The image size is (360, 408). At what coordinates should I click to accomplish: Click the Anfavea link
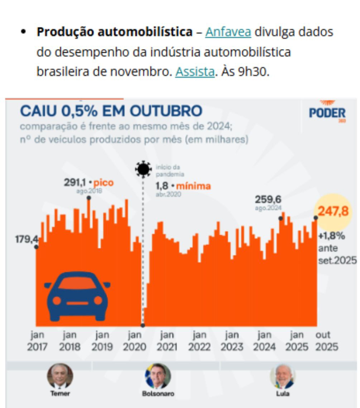(228, 32)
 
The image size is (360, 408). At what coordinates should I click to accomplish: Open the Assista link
(195, 72)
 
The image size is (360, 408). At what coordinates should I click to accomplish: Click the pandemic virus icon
(143, 169)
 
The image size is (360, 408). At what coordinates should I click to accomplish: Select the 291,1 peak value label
(75, 183)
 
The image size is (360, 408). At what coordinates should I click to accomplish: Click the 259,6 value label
(268, 199)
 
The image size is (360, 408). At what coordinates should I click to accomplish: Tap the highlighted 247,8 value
(333, 211)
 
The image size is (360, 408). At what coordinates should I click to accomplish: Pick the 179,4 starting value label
(26, 239)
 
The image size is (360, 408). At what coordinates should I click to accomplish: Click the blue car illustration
(77, 296)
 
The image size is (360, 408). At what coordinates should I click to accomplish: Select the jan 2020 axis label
(134, 341)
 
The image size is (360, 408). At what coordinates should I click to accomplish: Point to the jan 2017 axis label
(37, 341)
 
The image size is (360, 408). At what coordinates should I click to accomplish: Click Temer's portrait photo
(60, 376)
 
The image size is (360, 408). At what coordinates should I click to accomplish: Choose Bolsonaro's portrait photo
(158, 376)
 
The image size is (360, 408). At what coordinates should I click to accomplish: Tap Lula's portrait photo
(283, 376)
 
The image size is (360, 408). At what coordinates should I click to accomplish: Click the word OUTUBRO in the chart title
(166, 111)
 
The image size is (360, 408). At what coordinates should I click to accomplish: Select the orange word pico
(104, 183)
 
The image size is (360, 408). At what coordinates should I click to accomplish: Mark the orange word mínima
(193, 186)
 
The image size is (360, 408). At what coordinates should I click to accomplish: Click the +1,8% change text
(331, 236)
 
